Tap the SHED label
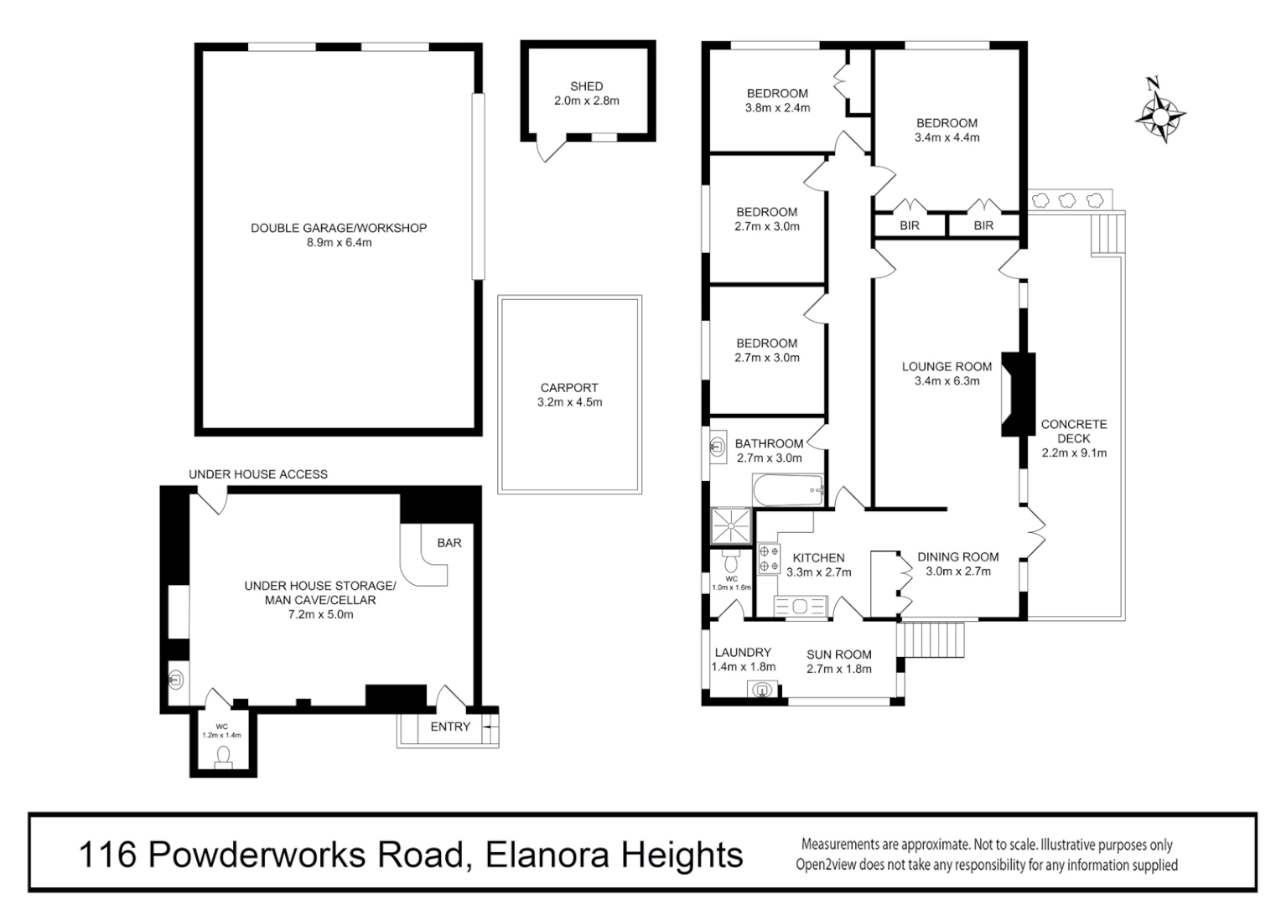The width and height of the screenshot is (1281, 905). point(586,86)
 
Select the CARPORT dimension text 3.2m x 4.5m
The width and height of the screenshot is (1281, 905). point(569,402)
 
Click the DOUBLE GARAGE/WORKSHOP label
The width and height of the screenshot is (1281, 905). point(339,228)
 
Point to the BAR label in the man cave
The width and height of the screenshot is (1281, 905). point(449,543)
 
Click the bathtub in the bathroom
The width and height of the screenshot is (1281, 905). point(789,490)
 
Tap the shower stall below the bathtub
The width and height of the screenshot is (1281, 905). point(732,526)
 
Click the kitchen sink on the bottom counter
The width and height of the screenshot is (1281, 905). point(801,606)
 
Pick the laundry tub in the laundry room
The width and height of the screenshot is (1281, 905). point(762,690)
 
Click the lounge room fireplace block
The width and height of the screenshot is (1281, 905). point(1019,394)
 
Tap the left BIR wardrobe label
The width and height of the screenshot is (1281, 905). point(910,225)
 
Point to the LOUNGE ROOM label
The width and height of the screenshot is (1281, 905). point(946,366)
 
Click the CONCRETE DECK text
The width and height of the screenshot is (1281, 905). point(1074,431)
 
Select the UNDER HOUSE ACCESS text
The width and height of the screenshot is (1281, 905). point(258,474)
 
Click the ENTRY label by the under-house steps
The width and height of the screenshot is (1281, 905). point(450,727)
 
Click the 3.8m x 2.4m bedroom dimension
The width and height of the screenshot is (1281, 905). point(777,108)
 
